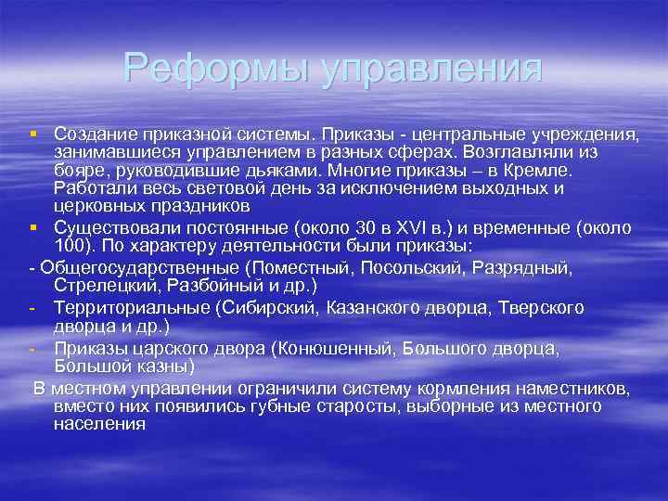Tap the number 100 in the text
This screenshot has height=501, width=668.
point(70,248)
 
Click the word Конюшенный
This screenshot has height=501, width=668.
point(353,349)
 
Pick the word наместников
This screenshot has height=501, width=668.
point(586,388)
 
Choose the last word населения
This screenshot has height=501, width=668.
point(100,424)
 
